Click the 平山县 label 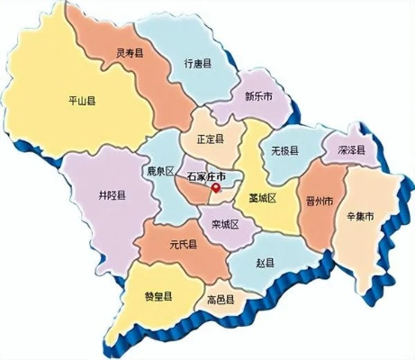(86, 100)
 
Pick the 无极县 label (285, 153)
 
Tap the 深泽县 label (346, 150)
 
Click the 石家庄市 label (209, 177)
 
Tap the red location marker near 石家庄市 (216, 189)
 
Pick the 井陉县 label (112, 195)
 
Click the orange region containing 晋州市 (317, 220)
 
